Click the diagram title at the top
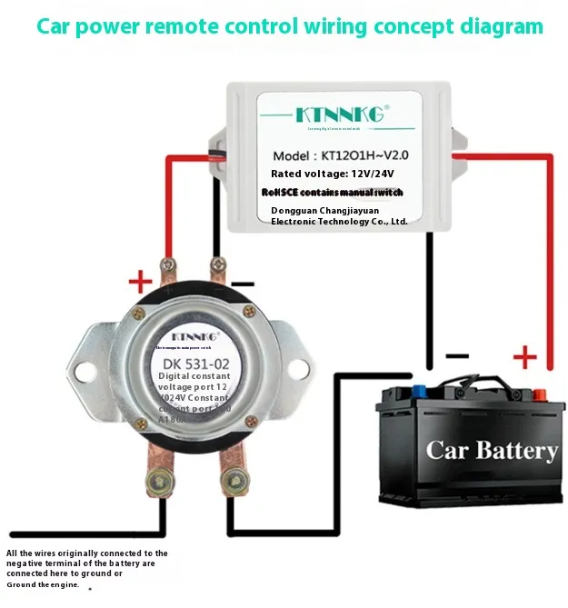pyautogui.click(x=289, y=25)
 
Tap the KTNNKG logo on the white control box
pyautogui.click(x=341, y=114)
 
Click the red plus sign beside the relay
pyautogui.click(x=139, y=279)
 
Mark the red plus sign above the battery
pyautogui.click(x=525, y=354)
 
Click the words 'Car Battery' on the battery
pyautogui.click(x=492, y=450)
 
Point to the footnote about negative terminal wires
pyautogui.click(x=87, y=568)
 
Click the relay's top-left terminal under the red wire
pyautogui.click(x=167, y=270)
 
